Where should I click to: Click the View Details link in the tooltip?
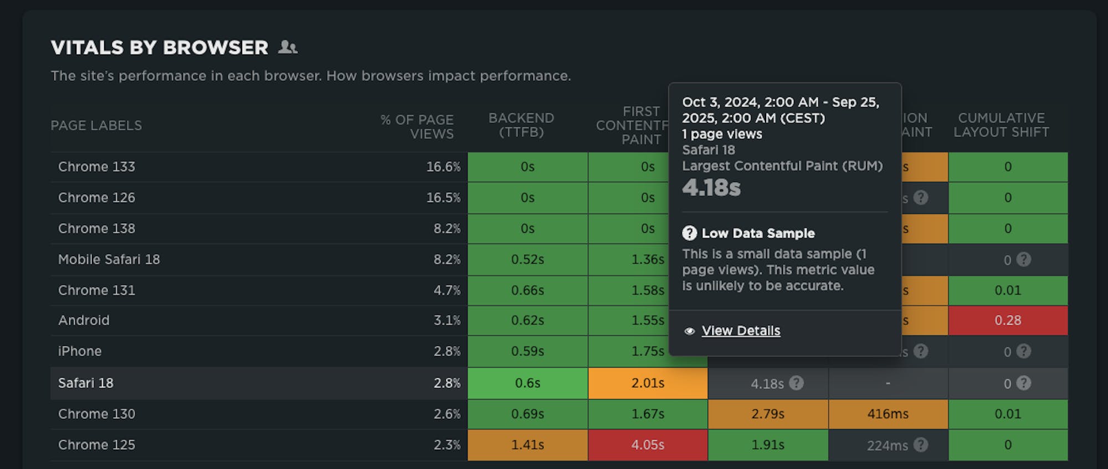pyautogui.click(x=741, y=331)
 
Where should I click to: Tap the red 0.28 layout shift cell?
pyautogui.click(x=1008, y=320)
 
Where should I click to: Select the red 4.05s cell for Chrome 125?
pyautogui.click(x=648, y=445)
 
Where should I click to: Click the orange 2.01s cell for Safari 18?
pyautogui.click(x=648, y=383)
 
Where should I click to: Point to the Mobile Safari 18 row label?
pyautogui.click(x=109, y=259)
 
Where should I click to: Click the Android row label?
pyautogui.click(x=84, y=320)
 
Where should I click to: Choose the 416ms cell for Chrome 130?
pyautogui.click(x=888, y=414)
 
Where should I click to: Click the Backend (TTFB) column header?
pyautogui.click(x=521, y=125)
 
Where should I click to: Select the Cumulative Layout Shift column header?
pyautogui.click(x=1001, y=125)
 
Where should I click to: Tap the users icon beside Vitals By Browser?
pyautogui.click(x=288, y=48)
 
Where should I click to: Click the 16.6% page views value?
pyautogui.click(x=443, y=167)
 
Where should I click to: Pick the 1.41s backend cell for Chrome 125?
pyautogui.click(x=527, y=445)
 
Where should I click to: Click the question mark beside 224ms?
pyautogui.click(x=921, y=445)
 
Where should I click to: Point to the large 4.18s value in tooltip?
pyautogui.click(x=711, y=188)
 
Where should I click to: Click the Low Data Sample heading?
pyautogui.click(x=758, y=233)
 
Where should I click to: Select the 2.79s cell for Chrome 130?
pyautogui.click(x=768, y=414)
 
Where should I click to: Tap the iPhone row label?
pyautogui.click(x=80, y=351)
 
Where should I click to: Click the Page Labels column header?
pyautogui.click(x=96, y=126)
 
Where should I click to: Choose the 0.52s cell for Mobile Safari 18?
pyautogui.click(x=527, y=259)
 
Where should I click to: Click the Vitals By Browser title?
pyautogui.click(x=160, y=48)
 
